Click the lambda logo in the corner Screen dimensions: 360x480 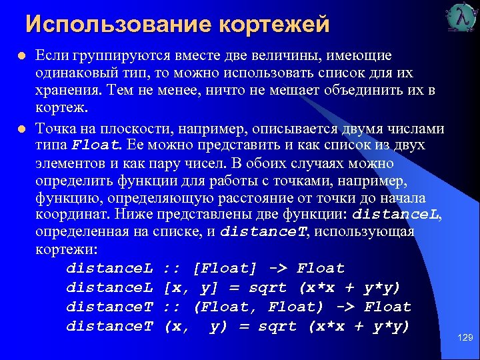pos(461,18)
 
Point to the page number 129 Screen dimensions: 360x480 pos(465,338)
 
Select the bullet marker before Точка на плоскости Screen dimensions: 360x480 pos(22,128)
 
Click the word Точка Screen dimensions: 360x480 pos(56,128)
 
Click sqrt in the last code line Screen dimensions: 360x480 pos(278,326)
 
